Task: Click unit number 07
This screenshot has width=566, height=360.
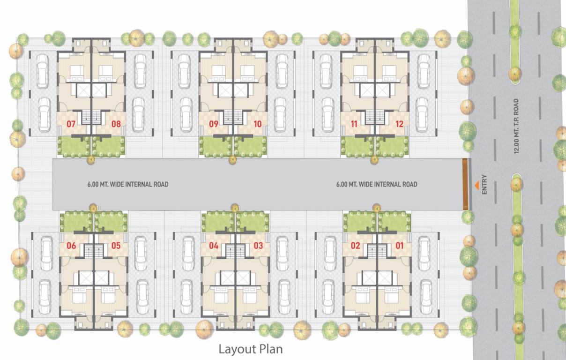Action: (71, 125)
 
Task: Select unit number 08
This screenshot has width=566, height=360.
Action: (116, 125)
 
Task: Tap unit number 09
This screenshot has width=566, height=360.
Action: (214, 125)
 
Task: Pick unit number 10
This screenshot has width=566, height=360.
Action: (257, 125)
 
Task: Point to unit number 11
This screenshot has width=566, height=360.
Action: (355, 125)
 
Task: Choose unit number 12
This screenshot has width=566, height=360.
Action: (399, 125)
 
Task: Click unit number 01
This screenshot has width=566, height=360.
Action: (400, 245)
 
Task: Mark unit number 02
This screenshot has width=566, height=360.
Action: (356, 245)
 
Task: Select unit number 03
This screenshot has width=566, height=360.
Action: (258, 245)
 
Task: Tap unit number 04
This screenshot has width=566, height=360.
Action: (214, 245)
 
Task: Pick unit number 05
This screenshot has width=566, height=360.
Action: (116, 245)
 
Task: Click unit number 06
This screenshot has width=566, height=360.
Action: (71, 245)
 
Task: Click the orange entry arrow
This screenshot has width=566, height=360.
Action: (477, 186)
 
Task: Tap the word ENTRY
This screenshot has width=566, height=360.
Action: (484, 185)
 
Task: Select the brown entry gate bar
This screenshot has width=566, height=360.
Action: (465, 184)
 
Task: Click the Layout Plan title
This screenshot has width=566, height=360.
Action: (251, 349)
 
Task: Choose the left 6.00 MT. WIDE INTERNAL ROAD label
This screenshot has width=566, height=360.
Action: (127, 184)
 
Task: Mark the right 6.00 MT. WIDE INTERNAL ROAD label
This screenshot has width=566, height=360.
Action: (376, 184)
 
